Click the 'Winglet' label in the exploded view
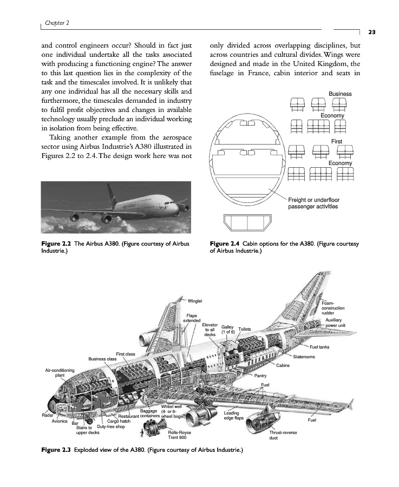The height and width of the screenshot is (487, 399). pyautogui.click(x=195, y=301)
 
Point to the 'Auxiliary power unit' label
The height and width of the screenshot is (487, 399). pyautogui.click(x=336, y=323)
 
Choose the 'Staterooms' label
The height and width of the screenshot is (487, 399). pyautogui.click(x=304, y=357)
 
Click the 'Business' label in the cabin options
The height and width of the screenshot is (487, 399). pyautogui.click(x=340, y=94)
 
